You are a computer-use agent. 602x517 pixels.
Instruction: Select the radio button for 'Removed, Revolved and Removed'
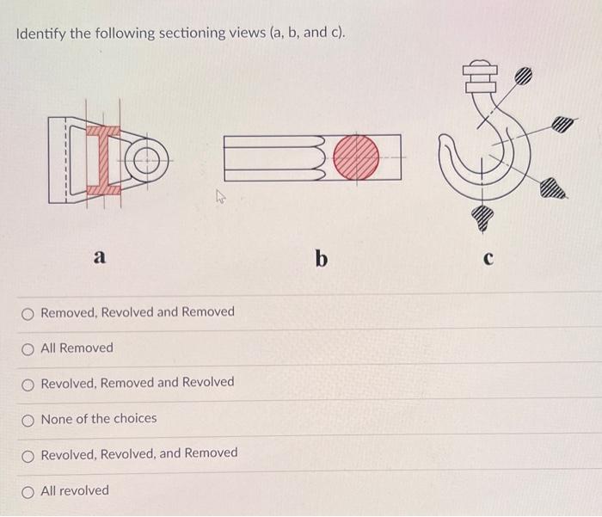tap(29, 312)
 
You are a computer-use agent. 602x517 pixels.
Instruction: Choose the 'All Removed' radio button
tap(29, 348)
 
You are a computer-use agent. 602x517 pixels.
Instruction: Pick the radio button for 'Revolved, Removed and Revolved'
tap(29, 383)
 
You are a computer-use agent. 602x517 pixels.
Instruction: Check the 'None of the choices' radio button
tap(29, 419)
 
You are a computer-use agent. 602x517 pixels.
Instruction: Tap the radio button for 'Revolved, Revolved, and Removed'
tap(29, 453)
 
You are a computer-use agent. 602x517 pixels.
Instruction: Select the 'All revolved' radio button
tap(29, 491)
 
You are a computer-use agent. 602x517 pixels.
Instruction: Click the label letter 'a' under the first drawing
tap(100, 255)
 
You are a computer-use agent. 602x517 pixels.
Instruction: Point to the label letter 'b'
tap(321, 257)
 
